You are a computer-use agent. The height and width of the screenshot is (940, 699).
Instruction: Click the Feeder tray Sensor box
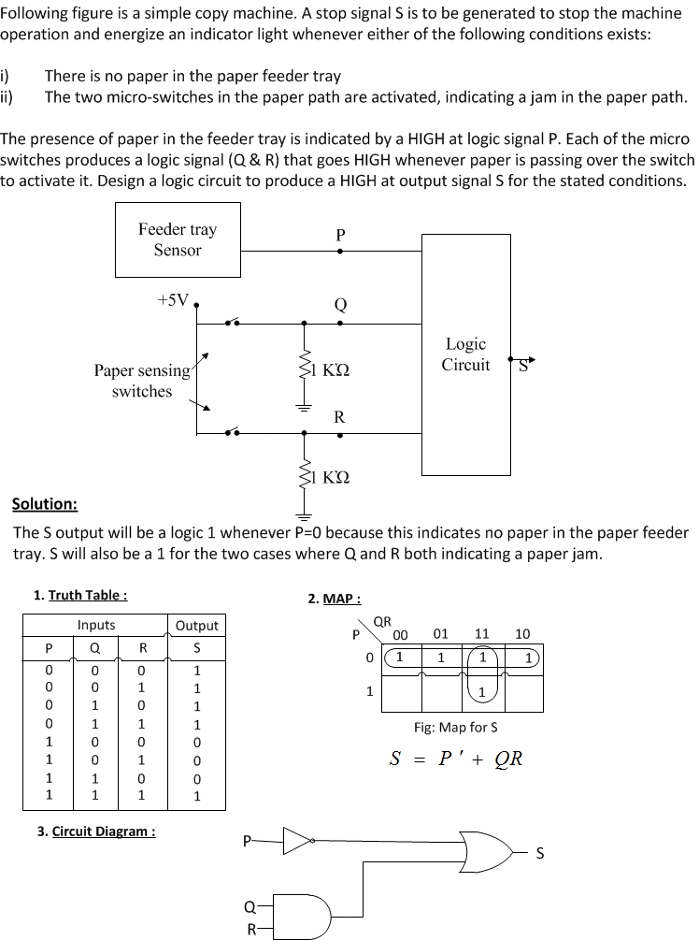click(x=177, y=240)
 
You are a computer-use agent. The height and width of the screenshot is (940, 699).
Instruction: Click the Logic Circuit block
click(x=465, y=354)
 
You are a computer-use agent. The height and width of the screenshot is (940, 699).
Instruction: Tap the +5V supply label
click(x=174, y=300)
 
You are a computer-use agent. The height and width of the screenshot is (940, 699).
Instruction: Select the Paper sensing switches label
click(x=142, y=381)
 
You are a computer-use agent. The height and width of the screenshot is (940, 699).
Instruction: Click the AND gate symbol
click(x=309, y=911)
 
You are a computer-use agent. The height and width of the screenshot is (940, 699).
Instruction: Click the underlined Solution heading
click(x=44, y=504)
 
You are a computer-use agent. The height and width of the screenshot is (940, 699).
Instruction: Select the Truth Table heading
click(x=80, y=595)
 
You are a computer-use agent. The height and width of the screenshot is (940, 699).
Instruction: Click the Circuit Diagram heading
click(x=96, y=831)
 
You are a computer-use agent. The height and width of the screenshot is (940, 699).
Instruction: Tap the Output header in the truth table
click(x=196, y=625)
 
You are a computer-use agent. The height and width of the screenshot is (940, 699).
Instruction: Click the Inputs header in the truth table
click(x=96, y=625)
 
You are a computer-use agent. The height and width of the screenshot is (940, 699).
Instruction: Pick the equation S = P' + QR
click(x=456, y=758)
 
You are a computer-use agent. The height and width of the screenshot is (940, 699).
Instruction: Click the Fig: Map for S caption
click(x=456, y=727)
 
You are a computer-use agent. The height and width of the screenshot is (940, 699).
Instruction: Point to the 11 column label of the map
click(x=482, y=634)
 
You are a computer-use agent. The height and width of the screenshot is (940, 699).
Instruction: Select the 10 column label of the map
click(x=522, y=634)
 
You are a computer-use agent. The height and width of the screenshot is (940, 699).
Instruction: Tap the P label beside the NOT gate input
click(x=247, y=841)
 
